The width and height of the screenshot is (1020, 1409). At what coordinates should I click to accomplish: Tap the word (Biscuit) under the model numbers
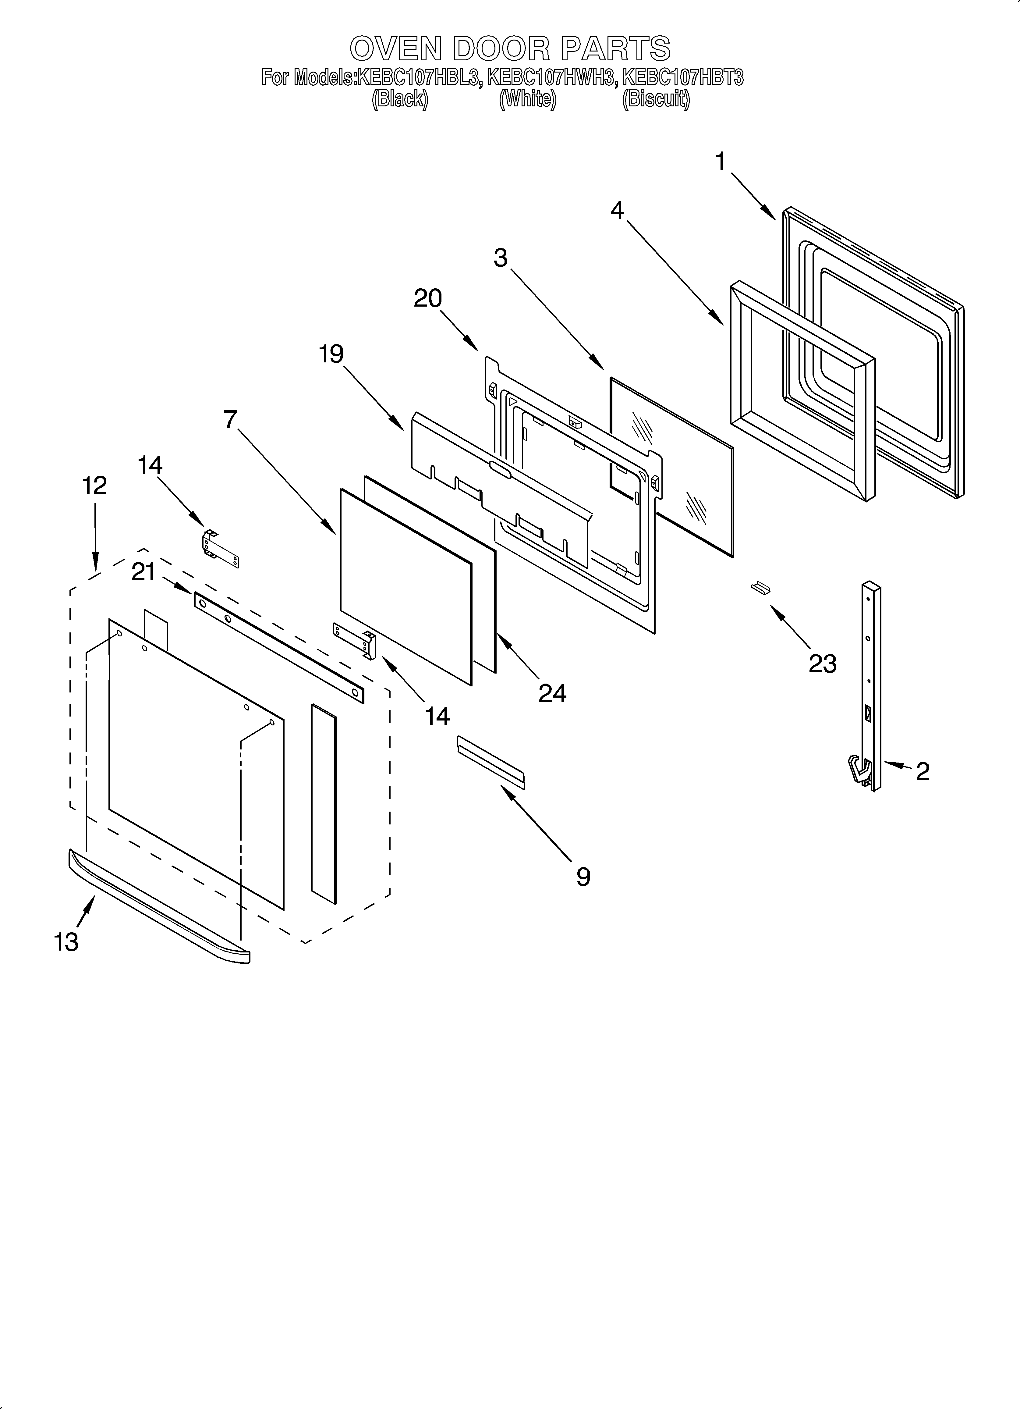click(x=656, y=99)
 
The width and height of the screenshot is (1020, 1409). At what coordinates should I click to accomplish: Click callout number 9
click(x=583, y=877)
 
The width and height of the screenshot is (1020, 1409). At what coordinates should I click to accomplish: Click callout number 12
click(x=94, y=485)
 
